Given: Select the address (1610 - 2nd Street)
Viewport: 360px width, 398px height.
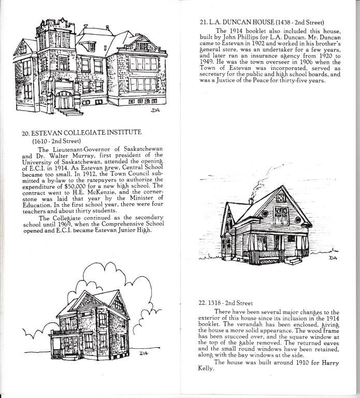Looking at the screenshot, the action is click(56, 141).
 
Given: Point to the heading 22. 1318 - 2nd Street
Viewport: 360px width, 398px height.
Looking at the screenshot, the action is click(225, 303).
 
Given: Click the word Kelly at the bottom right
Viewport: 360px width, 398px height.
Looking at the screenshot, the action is click(206, 368).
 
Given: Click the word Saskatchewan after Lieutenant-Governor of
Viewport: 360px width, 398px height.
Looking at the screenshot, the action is click(143, 149).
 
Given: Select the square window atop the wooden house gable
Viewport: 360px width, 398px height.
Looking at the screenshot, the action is click(281, 197).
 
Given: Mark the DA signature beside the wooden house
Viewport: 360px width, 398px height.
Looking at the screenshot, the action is click(333, 258).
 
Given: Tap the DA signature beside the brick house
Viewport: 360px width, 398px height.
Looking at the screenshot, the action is click(144, 353).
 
